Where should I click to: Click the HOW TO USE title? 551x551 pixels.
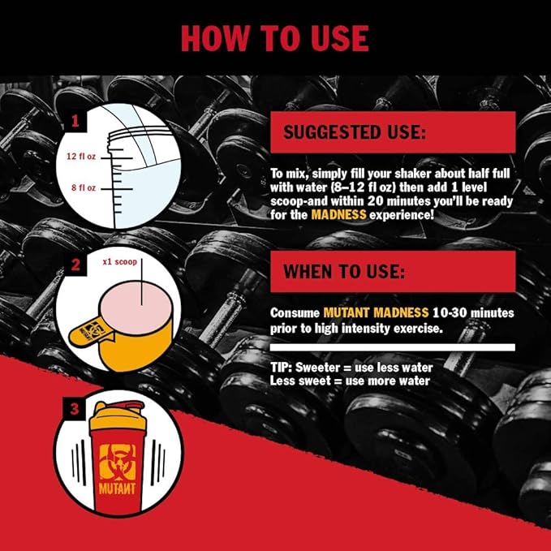point(274,37)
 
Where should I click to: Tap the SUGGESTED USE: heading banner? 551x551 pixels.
point(393,132)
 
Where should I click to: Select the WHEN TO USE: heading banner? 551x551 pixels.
point(393,271)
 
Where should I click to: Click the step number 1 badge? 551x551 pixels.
point(75,122)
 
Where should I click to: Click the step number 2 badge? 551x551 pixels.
point(75,265)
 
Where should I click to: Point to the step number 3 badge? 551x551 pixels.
point(75,409)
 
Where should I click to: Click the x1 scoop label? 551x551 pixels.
point(119,263)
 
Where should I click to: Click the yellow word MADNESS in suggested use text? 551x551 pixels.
point(339,215)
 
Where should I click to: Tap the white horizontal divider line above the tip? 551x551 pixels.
point(393,347)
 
